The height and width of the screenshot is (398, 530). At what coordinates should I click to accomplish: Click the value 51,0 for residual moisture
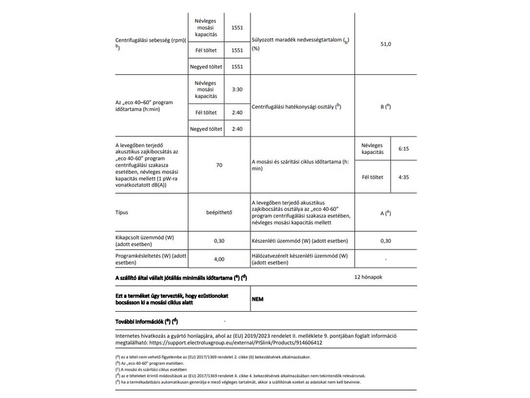coord(386,43)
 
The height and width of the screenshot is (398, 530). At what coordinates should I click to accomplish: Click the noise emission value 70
coord(219,165)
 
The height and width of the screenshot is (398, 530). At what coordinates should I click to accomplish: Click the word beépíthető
coord(219,213)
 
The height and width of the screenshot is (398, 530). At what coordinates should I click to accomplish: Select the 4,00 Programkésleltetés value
coord(219,259)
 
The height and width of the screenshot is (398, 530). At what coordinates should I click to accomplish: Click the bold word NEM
coord(259,298)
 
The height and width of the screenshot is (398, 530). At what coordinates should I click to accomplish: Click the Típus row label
coord(124,213)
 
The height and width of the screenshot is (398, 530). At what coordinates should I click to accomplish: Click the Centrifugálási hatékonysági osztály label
coord(296,106)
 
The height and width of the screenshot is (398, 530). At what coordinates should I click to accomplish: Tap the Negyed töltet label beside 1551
coord(205,67)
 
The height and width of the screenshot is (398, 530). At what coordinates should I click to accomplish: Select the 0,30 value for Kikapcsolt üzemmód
coord(219,241)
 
